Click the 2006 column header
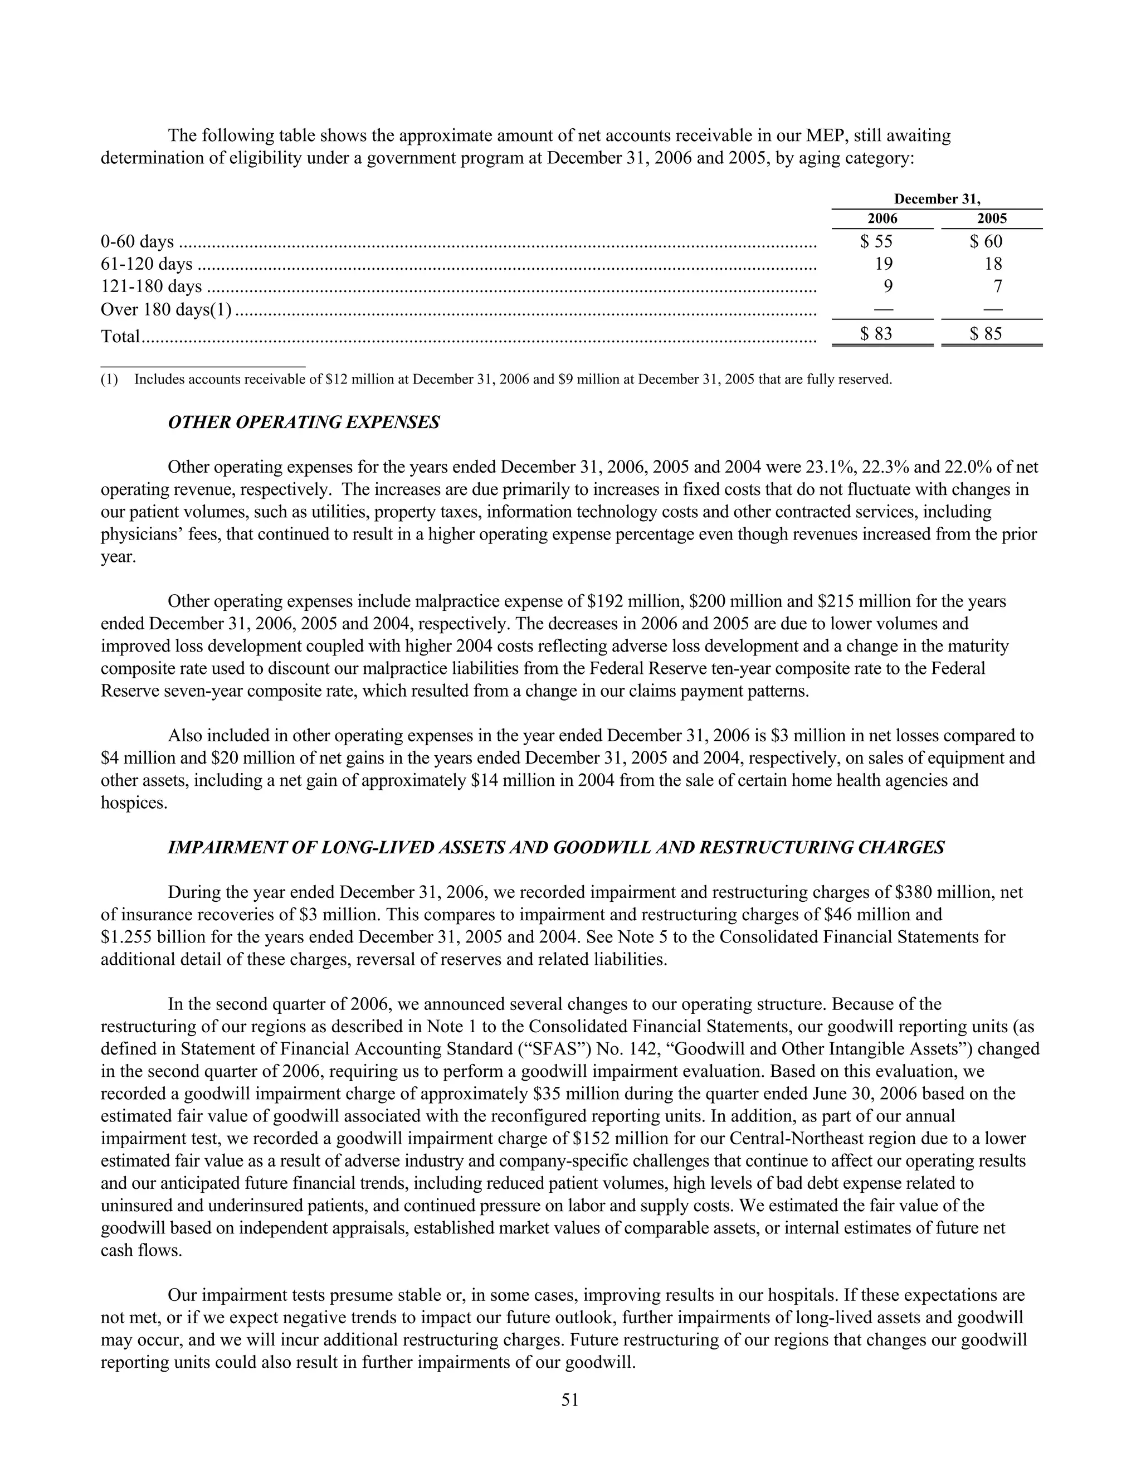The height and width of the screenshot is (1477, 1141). tap(882, 218)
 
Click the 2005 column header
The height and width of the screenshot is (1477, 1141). tap(992, 218)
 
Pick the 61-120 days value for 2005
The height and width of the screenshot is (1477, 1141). tap(993, 264)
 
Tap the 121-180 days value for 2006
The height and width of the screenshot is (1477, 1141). tap(888, 286)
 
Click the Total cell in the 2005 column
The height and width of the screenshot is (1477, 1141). tap(986, 333)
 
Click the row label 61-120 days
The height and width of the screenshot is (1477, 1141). tap(146, 264)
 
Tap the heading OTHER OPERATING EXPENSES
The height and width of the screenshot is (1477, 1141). tap(304, 422)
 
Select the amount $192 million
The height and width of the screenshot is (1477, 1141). tap(635, 601)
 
